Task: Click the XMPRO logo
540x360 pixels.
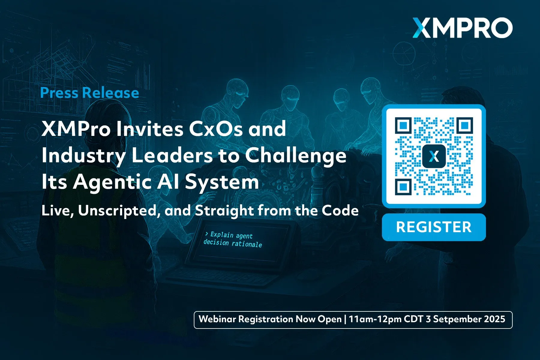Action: (x=462, y=28)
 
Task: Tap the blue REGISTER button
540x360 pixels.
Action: (x=434, y=227)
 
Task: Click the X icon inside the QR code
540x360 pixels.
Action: (x=434, y=156)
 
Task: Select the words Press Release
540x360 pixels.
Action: (x=89, y=93)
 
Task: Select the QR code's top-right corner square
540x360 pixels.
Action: (x=465, y=125)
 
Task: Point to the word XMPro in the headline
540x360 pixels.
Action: (x=76, y=129)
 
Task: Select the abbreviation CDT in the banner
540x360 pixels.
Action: (x=413, y=319)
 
